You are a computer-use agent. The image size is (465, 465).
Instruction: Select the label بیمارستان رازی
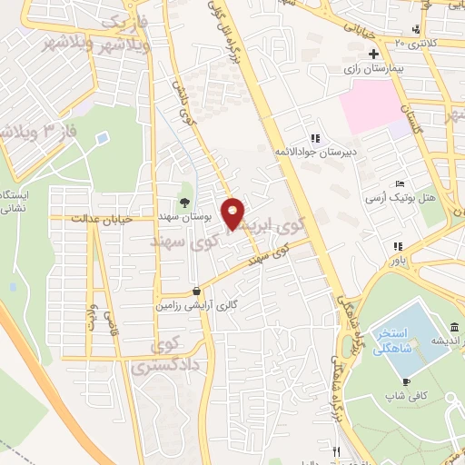[372, 69]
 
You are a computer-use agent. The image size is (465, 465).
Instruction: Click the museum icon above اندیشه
[454, 326]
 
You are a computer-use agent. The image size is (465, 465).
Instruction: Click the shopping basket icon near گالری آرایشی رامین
[197, 292]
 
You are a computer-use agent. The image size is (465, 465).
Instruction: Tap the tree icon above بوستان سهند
[185, 203]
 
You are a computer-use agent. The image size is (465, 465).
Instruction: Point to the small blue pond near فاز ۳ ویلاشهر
[102, 138]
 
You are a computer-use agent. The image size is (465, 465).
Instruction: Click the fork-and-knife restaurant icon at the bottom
[336, 451]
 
